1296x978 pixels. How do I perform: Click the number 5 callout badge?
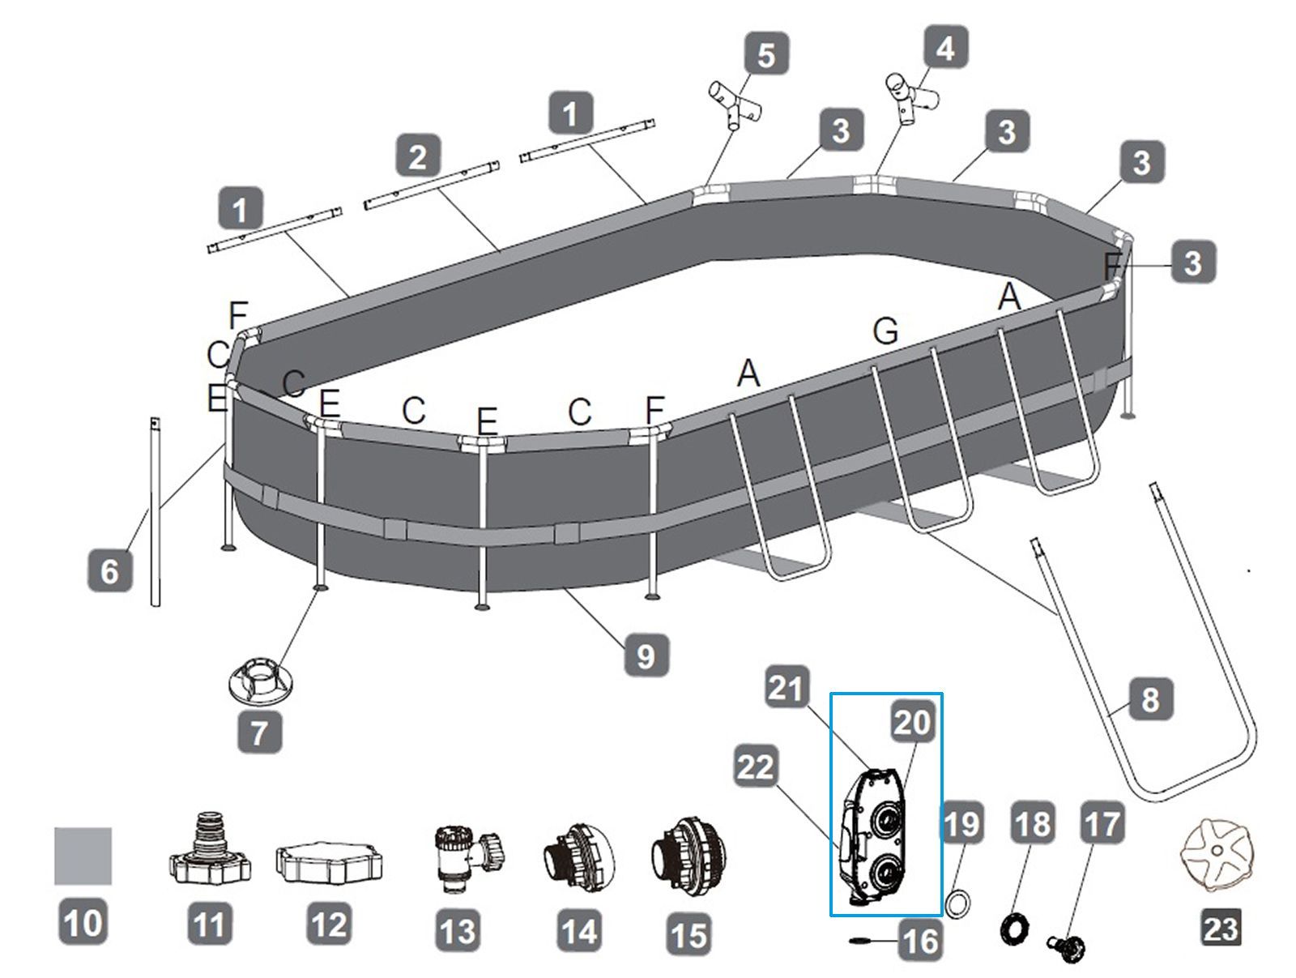point(765,55)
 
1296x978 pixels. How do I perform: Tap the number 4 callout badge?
point(944,49)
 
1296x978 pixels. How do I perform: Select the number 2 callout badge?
point(418,156)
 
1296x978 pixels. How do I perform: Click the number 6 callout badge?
point(109,570)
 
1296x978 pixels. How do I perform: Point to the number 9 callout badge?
point(646,655)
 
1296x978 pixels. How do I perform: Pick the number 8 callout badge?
point(1150,699)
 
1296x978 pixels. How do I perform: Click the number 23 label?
point(1220,927)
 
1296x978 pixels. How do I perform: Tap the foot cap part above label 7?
point(258,679)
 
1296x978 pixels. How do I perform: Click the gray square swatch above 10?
point(83,855)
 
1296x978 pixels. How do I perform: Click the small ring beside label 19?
point(957,902)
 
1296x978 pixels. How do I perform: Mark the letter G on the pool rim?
point(885,331)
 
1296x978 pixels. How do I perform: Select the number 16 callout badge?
point(920,941)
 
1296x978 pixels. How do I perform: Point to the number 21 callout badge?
point(786,689)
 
